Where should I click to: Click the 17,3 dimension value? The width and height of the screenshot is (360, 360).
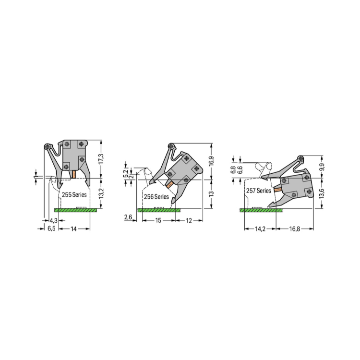point(101,159)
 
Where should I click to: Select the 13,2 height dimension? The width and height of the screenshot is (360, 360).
point(101,193)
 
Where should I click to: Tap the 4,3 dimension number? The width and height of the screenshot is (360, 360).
point(53,221)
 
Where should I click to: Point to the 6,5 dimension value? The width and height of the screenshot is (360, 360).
point(51,228)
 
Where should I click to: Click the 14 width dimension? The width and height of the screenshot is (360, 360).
point(73,228)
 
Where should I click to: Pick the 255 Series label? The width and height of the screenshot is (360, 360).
point(74,195)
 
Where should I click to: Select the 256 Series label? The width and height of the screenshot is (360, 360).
point(156,196)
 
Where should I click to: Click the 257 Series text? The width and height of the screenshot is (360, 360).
point(259,191)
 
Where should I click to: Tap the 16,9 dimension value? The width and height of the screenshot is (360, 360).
point(212,161)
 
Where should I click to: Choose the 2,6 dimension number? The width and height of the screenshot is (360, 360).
point(128,217)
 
